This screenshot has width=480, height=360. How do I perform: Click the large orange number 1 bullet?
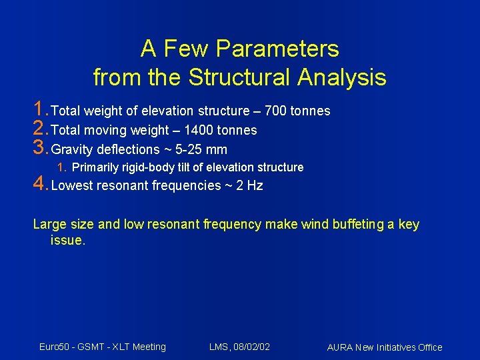(40, 109)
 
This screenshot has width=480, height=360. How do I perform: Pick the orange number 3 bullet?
(40, 147)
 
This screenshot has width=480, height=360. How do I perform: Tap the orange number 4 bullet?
(40, 183)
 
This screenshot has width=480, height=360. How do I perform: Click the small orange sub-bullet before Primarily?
(61, 167)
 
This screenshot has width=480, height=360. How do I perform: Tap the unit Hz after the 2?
(255, 185)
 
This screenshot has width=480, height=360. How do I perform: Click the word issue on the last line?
(67, 240)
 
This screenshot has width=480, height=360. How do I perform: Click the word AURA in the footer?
(340, 347)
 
